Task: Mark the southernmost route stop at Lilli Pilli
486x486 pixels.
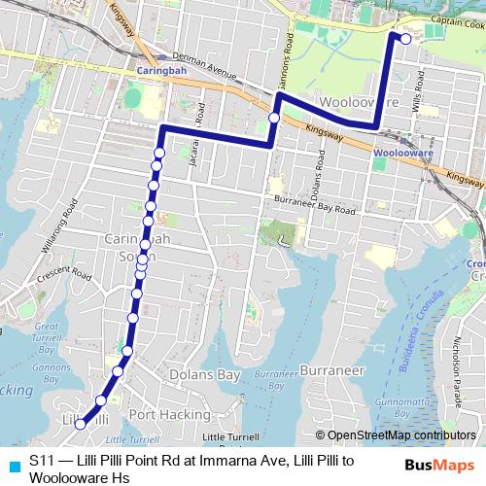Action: tap(80, 423)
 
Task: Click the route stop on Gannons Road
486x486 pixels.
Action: tap(274, 119)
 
